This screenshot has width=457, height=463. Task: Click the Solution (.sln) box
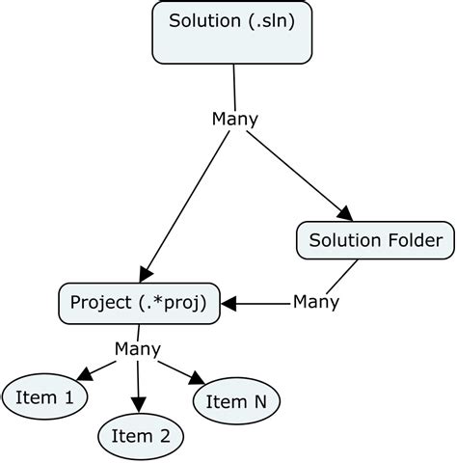pos(234,33)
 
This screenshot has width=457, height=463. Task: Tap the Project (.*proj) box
pos(139,303)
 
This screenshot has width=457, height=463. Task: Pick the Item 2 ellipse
pos(141,436)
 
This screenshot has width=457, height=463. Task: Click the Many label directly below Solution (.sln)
pos(234,119)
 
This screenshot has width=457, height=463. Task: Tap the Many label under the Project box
pos(138,348)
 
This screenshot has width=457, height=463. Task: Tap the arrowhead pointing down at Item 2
pos(140,406)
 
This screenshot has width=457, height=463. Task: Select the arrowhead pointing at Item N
pos(199,379)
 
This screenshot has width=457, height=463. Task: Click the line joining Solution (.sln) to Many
pos(234,87)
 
